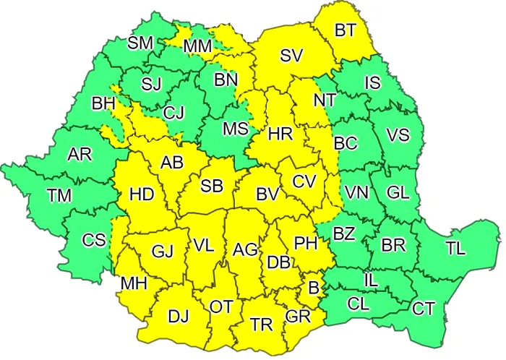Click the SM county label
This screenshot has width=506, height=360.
tap(140, 43)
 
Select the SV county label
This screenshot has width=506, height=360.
tap(291, 56)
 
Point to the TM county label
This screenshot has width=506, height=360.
tap(59, 194)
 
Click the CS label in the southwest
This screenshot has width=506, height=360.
tap(93, 241)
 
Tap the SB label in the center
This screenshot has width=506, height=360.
tap(211, 186)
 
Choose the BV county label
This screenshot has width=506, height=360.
tap(267, 194)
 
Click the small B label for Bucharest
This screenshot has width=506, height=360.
tap(314, 288)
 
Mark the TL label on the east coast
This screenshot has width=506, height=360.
tap(455, 249)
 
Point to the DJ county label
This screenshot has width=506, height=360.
tap(179, 315)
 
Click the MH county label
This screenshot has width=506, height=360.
tap(134, 283)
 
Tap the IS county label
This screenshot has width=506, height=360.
tap(372, 83)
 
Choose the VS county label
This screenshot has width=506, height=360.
tap(398, 135)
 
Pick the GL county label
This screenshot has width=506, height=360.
tap(398, 192)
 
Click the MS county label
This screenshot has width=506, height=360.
tap(235, 129)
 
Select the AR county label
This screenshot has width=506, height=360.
tap(79, 155)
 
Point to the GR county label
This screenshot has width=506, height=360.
tap(297, 317)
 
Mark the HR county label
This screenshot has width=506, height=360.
tap(279, 134)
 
